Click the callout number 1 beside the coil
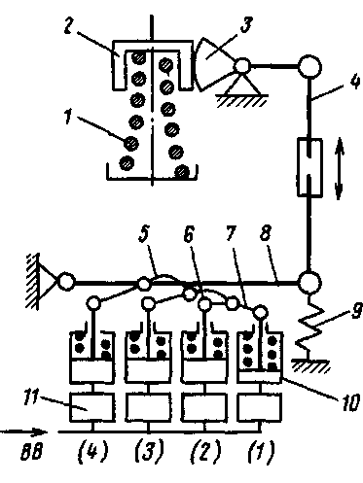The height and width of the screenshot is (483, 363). click(67, 116)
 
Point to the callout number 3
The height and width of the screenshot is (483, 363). click(246, 23)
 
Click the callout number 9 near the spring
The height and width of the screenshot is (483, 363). click(356, 312)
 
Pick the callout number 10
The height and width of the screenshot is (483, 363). click(351, 402)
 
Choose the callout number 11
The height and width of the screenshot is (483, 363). click(31, 398)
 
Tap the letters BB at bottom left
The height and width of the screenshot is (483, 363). click(31, 452)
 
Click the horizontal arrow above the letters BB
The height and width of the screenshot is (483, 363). click(23, 432)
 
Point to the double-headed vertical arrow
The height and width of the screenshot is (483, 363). click(339, 168)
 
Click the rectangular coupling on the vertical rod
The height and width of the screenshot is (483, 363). click(309, 167)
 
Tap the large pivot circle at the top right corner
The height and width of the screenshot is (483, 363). click(309, 67)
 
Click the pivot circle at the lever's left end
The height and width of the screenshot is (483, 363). click(66, 282)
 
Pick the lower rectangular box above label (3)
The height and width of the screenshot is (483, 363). click(148, 407)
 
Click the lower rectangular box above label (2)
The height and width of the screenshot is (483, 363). click(204, 407)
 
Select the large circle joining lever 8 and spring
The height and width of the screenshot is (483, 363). click(309, 283)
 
